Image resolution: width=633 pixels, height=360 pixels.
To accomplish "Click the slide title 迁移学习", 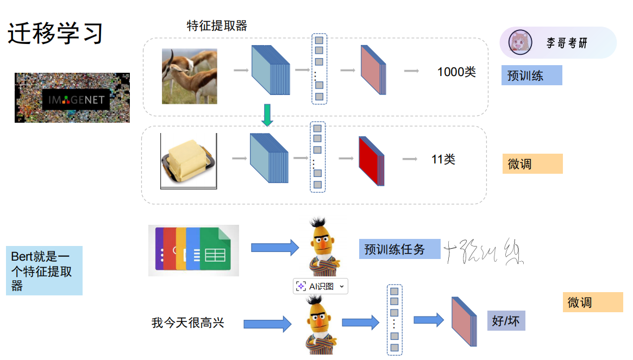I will click(x=55, y=34).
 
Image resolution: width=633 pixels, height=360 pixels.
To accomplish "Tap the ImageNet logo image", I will click(x=72, y=98).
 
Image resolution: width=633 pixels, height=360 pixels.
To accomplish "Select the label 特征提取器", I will click(x=217, y=26).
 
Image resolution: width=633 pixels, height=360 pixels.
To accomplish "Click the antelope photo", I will click(x=189, y=76).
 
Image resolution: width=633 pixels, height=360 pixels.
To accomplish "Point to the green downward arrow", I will click(x=267, y=115).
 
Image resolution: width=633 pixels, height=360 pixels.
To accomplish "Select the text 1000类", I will click(x=456, y=72).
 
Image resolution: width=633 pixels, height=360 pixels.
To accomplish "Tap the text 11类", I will click(x=443, y=160).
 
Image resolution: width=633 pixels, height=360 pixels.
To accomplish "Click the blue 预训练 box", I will click(x=531, y=75).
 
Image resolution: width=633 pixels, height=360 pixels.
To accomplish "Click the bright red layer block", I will click(x=371, y=161).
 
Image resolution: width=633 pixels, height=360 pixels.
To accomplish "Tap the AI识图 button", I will click(x=320, y=286).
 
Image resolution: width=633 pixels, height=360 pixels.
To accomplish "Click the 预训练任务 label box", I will click(x=399, y=250).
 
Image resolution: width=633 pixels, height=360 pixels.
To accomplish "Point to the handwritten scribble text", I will click(x=484, y=251).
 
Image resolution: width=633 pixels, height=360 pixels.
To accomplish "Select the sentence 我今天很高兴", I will click(x=187, y=323).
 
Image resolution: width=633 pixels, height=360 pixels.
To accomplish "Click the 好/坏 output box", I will click(x=506, y=321).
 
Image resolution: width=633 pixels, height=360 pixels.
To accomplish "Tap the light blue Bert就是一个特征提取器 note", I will click(x=44, y=270).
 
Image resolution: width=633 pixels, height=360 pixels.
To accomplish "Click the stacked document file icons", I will click(x=193, y=250).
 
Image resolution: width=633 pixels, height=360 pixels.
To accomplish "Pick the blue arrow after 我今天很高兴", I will click(x=267, y=324).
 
